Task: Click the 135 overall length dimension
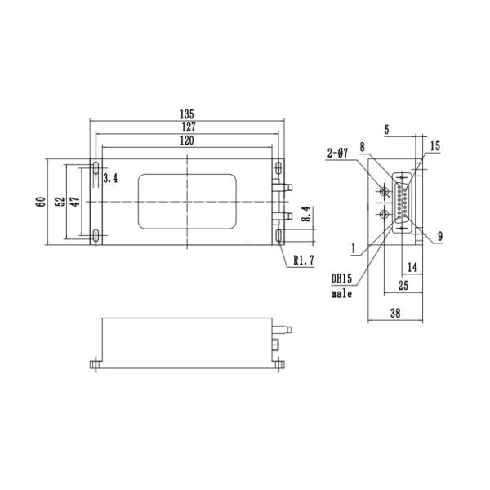[x=187, y=114]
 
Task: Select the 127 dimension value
[x=187, y=127]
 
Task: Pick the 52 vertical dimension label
[x=58, y=202]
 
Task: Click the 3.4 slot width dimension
[x=111, y=177]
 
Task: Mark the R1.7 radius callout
[x=304, y=261]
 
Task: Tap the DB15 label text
[x=342, y=278]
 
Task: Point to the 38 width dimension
[x=395, y=312]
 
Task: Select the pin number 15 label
[x=434, y=145]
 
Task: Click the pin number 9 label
[x=439, y=236]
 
